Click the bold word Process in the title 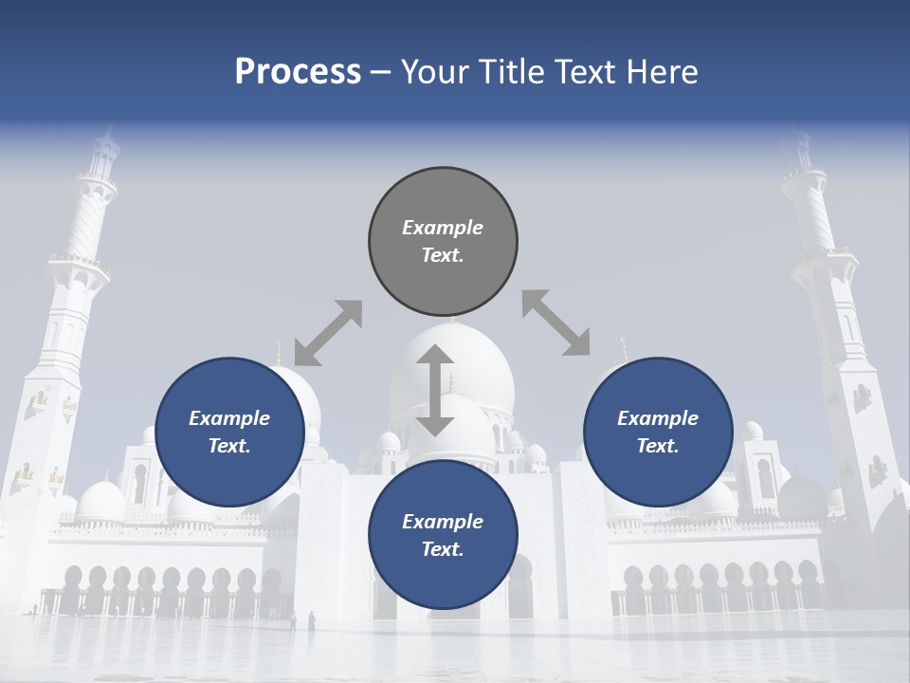click(298, 72)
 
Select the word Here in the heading click(661, 72)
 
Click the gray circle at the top click(443, 241)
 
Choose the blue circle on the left click(229, 432)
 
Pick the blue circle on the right click(658, 432)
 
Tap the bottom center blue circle click(443, 535)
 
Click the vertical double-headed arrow click(435, 390)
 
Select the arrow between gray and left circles click(328, 333)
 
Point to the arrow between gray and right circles click(555, 323)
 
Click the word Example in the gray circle click(443, 228)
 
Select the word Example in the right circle click(658, 418)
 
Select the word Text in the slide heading click(578, 72)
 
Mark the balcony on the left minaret click(80, 260)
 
